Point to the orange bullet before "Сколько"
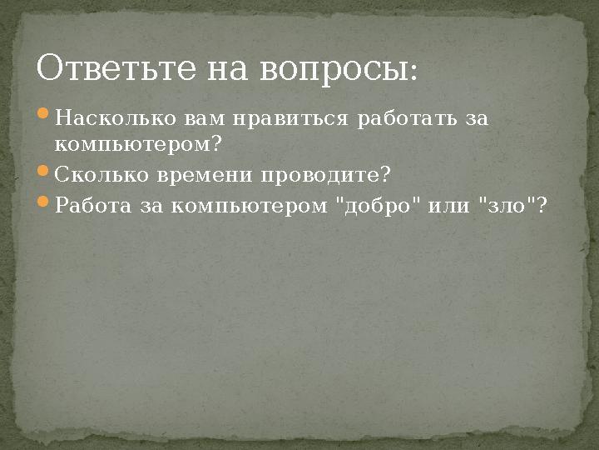(44, 174)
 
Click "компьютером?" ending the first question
(138, 145)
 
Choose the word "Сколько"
(101, 176)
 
